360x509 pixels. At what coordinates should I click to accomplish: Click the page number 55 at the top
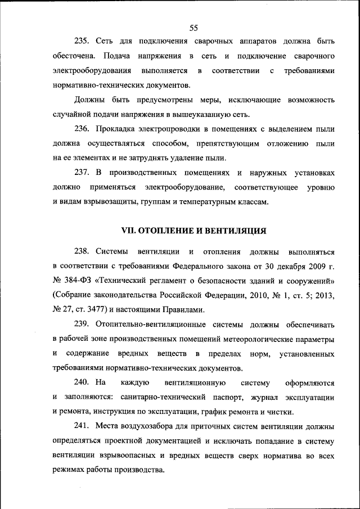194,27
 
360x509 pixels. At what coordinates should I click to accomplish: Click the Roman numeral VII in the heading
130,230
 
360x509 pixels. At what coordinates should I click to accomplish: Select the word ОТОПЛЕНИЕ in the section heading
168,230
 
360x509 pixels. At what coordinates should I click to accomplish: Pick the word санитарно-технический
151,397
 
